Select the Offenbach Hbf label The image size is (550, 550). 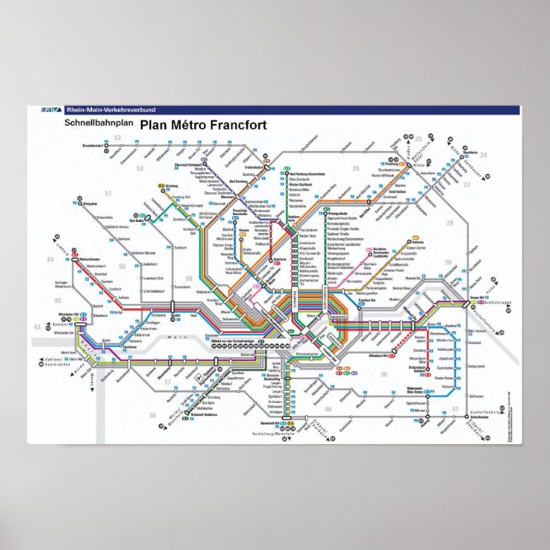[377, 354]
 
